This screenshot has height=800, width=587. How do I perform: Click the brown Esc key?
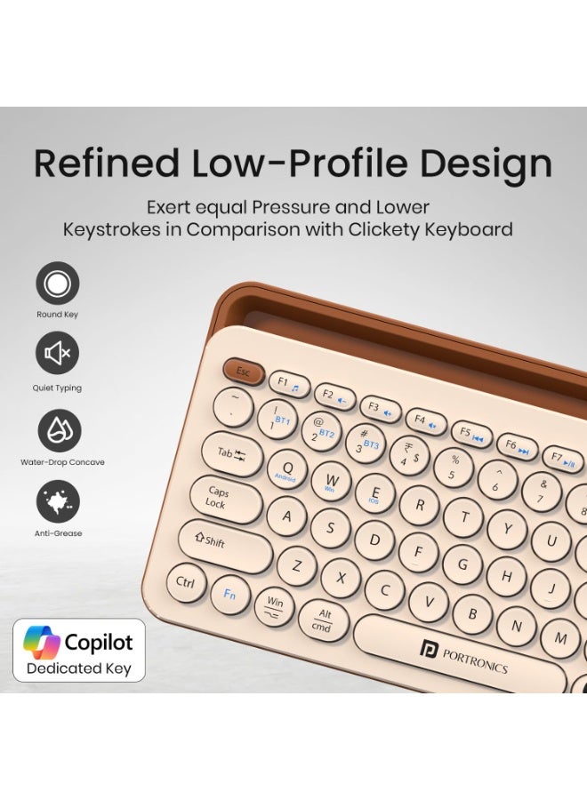point(243,372)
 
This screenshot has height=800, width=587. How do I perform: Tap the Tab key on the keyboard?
point(231,453)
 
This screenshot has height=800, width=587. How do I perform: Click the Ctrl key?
point(186,583)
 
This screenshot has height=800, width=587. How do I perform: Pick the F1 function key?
point(288,384)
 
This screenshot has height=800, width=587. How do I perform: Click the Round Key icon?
point(58,284)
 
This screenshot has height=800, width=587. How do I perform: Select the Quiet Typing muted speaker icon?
point(58,354)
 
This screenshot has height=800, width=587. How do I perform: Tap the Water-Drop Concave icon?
point(59,430)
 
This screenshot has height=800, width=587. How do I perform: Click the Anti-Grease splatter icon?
point(58,501)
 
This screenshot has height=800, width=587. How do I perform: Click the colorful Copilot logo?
point(41,642)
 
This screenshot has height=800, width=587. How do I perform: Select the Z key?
point(297,565)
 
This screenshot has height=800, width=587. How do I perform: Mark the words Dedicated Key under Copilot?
point(78,668)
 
